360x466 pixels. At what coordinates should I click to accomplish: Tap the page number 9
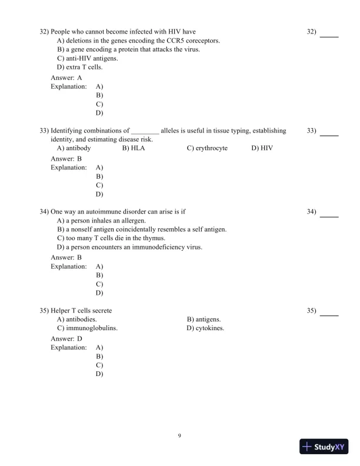tap(179, 435)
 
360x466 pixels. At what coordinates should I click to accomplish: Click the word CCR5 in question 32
tap(178, 41)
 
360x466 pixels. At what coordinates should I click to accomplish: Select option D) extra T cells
tap(79, 67)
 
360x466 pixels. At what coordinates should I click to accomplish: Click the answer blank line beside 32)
tap(329, 36)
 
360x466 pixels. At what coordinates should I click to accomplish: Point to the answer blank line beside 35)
tap(329, 315)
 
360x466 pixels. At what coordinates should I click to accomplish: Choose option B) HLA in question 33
tap(134, 148)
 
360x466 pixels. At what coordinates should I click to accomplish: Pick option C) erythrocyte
tap(207, 148)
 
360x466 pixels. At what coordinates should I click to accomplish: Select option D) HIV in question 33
tap(262, 148)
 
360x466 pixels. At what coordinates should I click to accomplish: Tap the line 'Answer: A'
tap(66, 78)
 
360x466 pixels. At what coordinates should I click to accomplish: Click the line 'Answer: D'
tap(66, 339)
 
